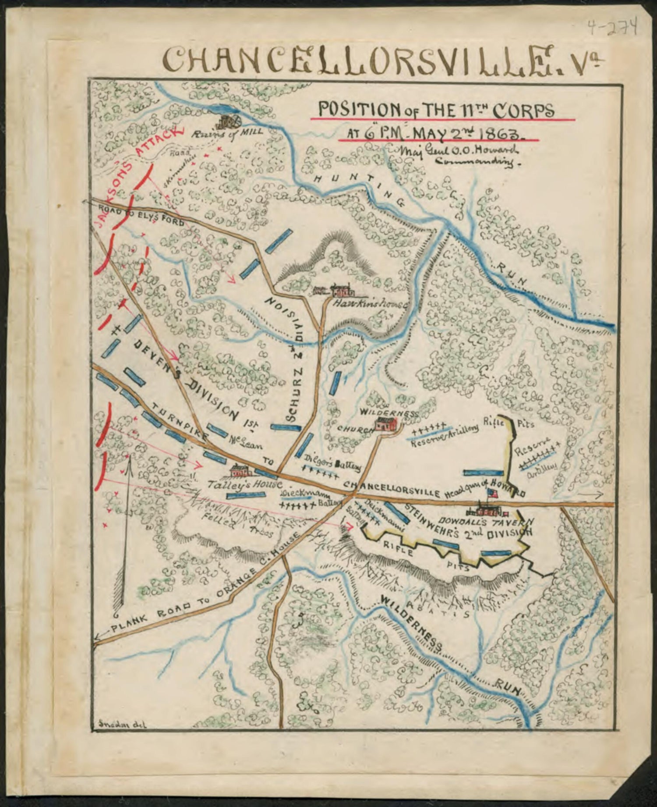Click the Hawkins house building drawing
pyautogui.click(x=335, y=290)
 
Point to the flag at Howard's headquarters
pyautogui.click(x=493, y=494)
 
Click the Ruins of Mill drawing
pyautogui.click(x=228, y=120)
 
